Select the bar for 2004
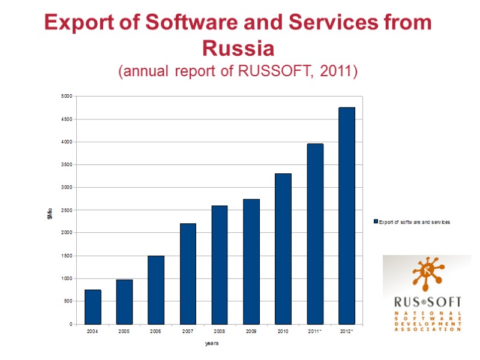coord(93,307)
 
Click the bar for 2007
coord(188,274)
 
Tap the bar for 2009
coord(251,262)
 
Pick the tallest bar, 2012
coord(347,215)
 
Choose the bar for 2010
coord(283,248)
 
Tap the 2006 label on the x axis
coord(156,331)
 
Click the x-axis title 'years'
coord(212,343)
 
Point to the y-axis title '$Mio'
coord(50,212)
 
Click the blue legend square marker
coord(376,221)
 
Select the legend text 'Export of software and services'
coord(415,221)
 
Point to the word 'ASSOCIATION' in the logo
coord(428,329)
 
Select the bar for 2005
coord(124,302)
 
